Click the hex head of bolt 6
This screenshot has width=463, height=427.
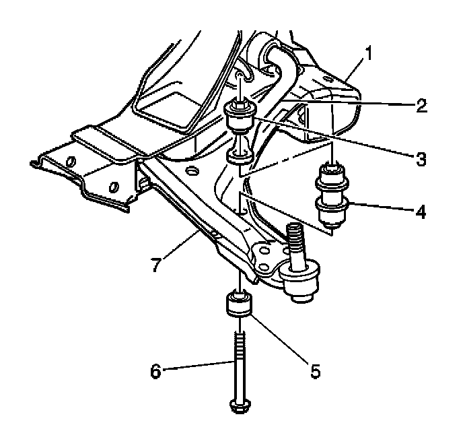pyautogui.click(x=238, y=406)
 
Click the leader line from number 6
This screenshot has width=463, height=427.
pyautogui.click(x=195, y=367)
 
